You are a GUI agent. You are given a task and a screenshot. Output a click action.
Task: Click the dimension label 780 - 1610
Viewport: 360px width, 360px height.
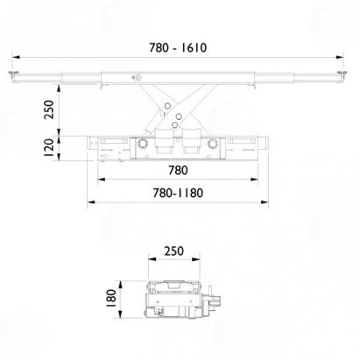[178, 47]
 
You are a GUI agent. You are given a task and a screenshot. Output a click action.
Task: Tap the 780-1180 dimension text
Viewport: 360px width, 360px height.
[178, 193]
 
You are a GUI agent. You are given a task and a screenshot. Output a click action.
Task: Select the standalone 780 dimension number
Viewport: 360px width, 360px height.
[178, 170]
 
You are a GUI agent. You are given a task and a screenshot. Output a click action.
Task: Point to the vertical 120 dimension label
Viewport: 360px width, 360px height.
[49, 148]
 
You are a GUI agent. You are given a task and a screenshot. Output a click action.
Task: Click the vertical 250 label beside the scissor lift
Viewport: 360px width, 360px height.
[49, 109]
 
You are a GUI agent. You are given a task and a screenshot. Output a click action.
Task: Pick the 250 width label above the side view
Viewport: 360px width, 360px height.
[174, 251]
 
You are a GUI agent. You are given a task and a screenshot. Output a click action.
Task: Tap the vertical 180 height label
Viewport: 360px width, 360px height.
[111, 298]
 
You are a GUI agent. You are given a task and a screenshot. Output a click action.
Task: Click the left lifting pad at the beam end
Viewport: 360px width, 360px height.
[13, 73]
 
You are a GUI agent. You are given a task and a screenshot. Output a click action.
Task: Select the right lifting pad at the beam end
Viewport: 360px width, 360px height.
[342, 73]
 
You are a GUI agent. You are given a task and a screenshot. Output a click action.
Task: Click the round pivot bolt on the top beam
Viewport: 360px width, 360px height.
[137, 77]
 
